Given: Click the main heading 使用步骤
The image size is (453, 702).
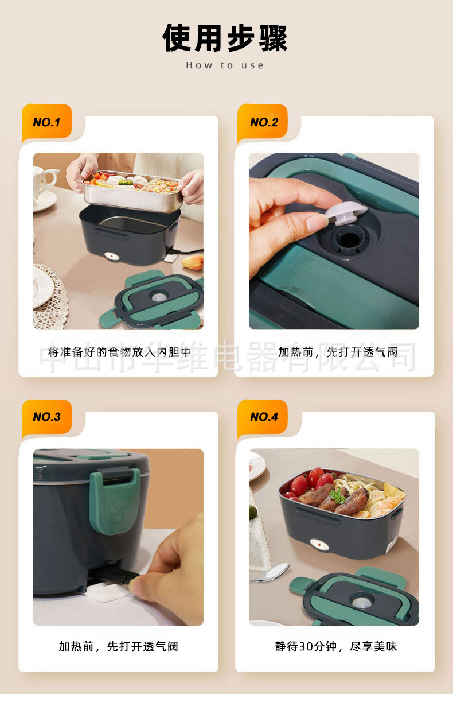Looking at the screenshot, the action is [225, 38].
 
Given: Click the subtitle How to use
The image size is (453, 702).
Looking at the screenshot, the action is [225, 65].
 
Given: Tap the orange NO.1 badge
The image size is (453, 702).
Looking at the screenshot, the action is [46, 122].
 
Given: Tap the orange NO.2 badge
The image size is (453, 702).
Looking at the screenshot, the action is [263, 122].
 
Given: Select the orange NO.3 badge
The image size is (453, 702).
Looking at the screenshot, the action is [46, 417].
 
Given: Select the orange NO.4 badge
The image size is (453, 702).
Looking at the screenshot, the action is [263, 417].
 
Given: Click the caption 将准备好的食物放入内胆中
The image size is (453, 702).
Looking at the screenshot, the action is [119, 352].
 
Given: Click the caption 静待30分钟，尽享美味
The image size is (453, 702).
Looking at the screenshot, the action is [336, 646].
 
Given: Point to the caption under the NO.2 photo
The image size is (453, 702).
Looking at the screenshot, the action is [338, 352].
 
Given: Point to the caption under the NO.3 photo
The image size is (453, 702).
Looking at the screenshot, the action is [118, 646].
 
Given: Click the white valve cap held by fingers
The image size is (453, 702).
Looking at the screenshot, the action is [345, 213].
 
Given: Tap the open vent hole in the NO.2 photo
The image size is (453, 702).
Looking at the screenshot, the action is [349, 240].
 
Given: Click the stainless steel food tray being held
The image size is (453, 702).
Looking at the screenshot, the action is [133, 192].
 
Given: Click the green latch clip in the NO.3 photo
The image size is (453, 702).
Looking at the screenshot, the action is [115, 502].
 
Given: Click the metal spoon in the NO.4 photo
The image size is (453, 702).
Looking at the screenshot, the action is [271, 573].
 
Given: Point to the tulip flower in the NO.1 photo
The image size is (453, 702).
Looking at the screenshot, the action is [193, 262].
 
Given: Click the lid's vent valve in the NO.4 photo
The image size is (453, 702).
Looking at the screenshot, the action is [362, 602].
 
